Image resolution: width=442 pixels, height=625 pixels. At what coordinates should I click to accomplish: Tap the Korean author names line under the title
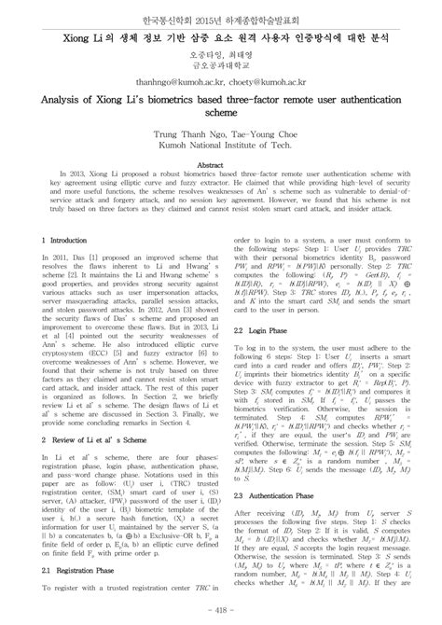[x=221, y=54]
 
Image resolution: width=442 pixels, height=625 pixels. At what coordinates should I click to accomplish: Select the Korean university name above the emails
[x=221, y=65]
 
